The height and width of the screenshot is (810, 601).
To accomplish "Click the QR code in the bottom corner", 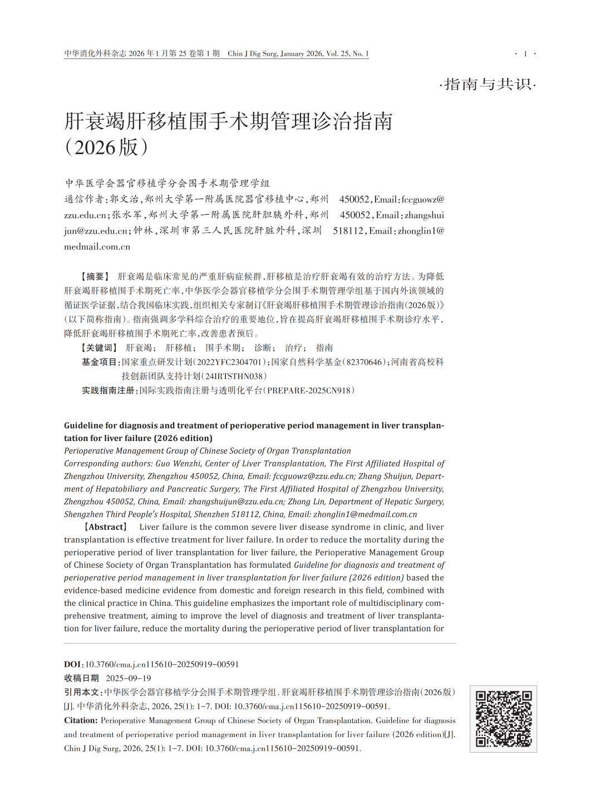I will point(503,719).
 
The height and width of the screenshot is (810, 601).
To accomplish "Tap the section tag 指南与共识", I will point(487,85).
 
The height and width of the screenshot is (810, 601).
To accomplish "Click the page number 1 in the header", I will point(525,54).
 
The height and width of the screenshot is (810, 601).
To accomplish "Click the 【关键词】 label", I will point(99,348).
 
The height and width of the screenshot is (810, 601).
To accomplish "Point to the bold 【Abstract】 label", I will point(106,527).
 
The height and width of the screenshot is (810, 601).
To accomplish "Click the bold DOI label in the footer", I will point(72,664).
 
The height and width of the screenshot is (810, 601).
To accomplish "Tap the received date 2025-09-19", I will point(129,678).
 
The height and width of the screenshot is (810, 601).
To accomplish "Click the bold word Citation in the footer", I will point(80,720).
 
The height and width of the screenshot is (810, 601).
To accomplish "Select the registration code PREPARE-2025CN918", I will point(309,390).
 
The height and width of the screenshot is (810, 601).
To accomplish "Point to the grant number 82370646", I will point(364,362).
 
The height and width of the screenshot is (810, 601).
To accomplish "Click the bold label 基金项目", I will point(100,362).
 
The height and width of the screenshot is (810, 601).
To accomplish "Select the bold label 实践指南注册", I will point(109,390).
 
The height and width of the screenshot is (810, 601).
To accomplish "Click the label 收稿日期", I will point(81,678).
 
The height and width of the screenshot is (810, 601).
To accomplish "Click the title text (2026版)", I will point(106,147).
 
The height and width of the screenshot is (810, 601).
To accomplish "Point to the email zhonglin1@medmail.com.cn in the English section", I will point(365,514).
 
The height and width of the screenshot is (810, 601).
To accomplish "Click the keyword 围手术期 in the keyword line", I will point(223,348).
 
